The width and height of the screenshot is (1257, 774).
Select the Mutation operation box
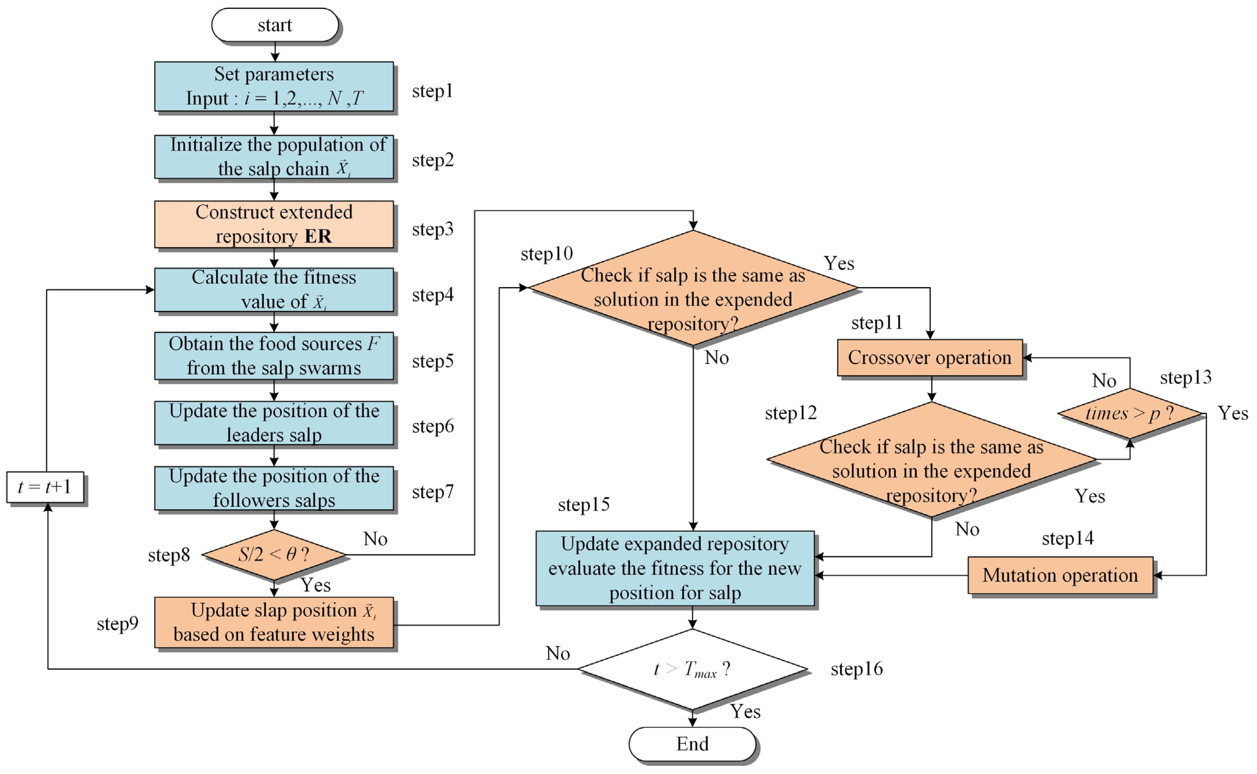point(1060,575)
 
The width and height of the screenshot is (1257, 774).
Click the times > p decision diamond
point(1130,413)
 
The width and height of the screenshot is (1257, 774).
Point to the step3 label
point(433,229)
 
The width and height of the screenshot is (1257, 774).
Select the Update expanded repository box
point(675,568)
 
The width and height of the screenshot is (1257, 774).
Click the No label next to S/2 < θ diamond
point(375,539)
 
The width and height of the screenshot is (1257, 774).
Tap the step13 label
point(1186,377)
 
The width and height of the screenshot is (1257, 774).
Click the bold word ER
point(318,237)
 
